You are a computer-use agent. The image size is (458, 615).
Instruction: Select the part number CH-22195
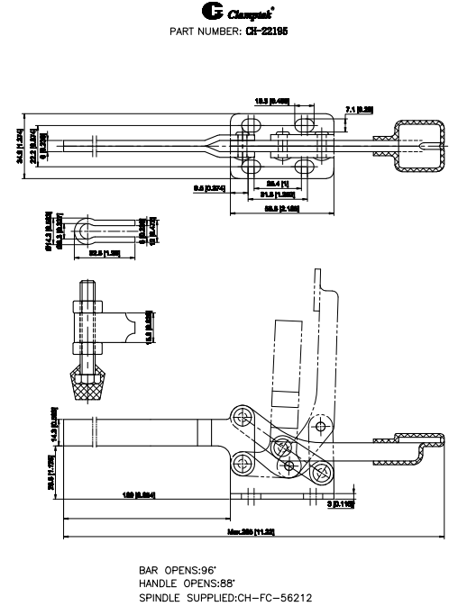tap(280, 30)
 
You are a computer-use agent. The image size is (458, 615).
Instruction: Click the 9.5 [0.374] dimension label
tap(208, 187)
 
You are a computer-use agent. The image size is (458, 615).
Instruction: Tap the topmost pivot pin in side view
tap(242, 416)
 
